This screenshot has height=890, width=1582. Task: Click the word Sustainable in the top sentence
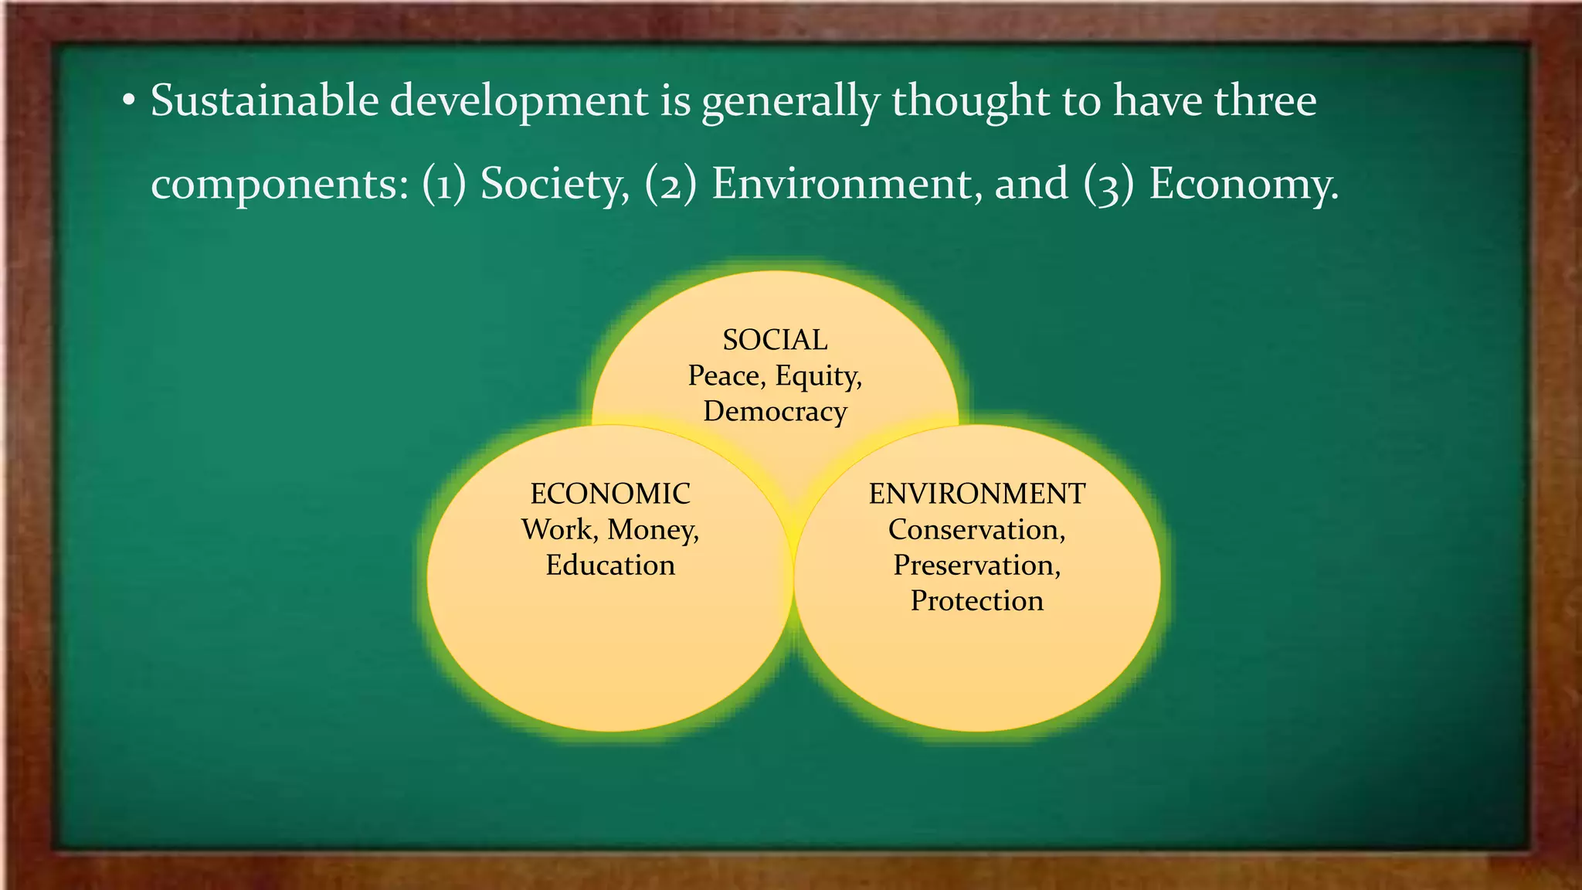[x=263, y=101]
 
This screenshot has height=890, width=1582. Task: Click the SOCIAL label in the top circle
[x=775, y=340]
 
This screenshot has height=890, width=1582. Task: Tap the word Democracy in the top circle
[x=775, y=411]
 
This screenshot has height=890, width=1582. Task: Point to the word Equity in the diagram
[x=817, y=376]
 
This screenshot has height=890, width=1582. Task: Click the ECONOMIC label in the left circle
[x=610, y=494]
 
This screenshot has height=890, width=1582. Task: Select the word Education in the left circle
[x=610, y=565]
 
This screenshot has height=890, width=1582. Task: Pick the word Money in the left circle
[x=652, y=530]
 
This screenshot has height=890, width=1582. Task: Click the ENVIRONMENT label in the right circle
[x=977, y=494]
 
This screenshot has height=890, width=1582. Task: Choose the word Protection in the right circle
[x=976, y=601]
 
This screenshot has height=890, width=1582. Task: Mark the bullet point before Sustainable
[x=129, y=101]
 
